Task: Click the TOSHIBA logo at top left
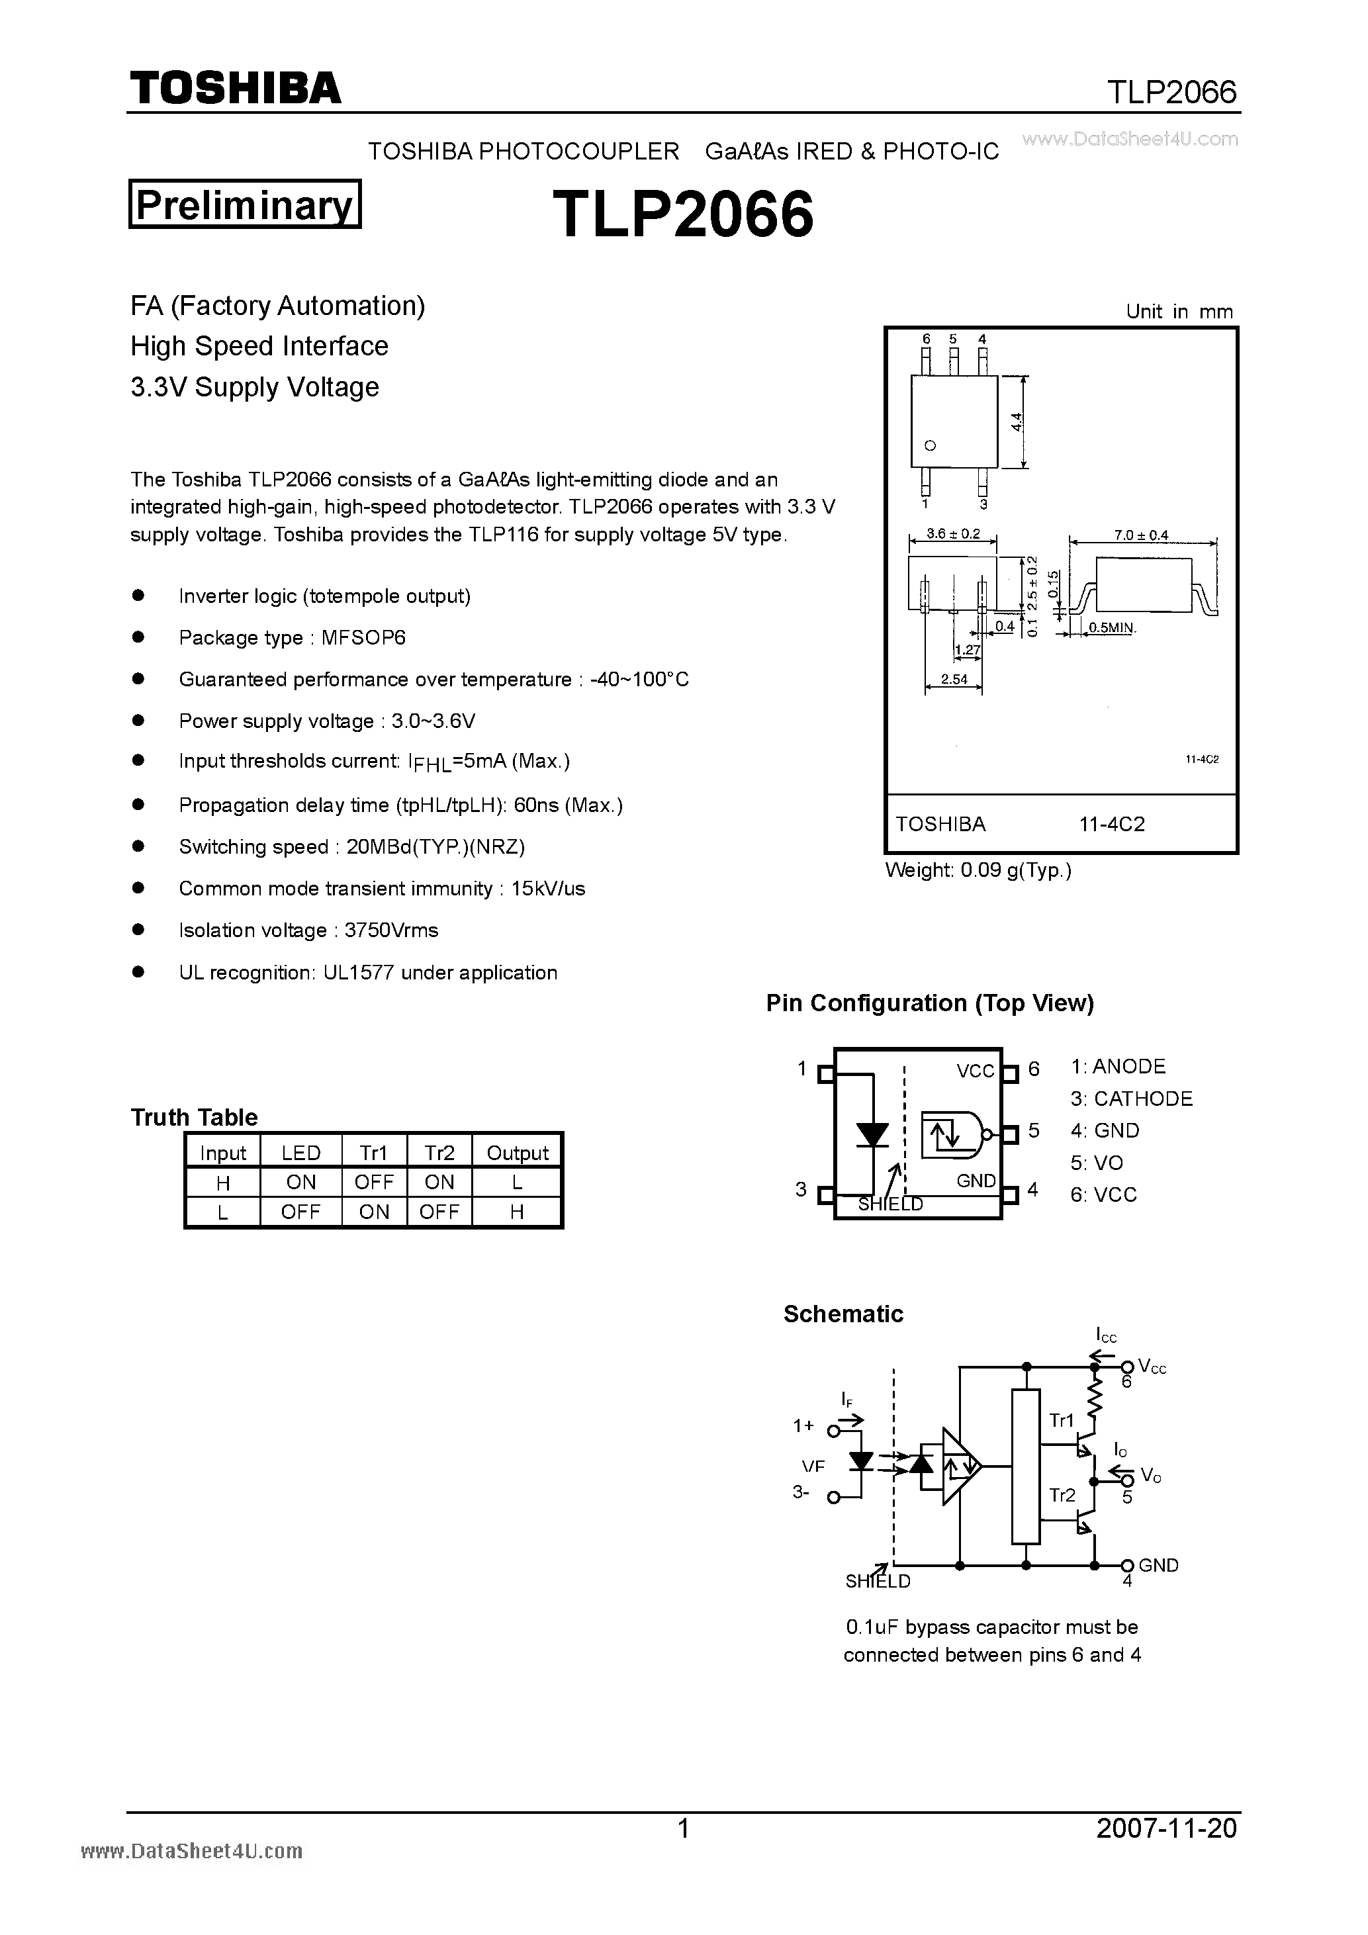235,87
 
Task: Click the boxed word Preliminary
244,204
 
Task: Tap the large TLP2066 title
683,214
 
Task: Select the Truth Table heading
194,1116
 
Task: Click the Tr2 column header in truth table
439,1153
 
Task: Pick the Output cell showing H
517,1212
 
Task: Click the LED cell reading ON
301,1183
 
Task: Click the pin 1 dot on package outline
931,446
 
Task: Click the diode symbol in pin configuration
872,1134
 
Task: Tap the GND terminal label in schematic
1158,1565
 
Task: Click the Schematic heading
843,1314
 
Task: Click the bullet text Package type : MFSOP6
292,638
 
